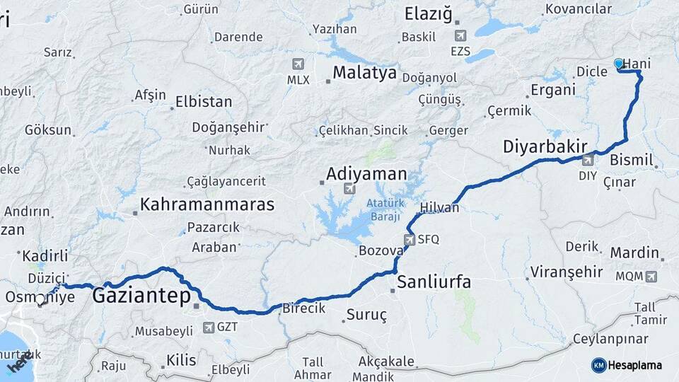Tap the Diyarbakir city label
tap(545, 147)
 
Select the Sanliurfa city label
tap(434, 282)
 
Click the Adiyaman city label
tap(366, 173)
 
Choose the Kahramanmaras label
tap(207, 204)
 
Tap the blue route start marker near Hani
tap(620, 64)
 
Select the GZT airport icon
tap(209, 327)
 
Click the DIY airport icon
tap(588, 160)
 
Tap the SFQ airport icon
tap(410, 239)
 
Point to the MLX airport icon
tap(298, 64)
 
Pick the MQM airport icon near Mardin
tap(651, 276)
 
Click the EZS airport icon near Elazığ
tap(461, 35)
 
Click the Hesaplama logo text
tap(634, 365)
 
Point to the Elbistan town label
tap(203, 102)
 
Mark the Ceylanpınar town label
tap(610, 337)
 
